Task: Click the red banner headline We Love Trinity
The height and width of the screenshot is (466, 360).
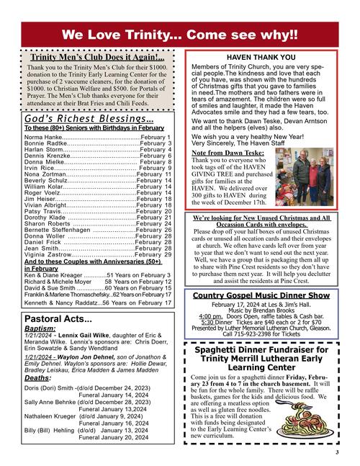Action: click(179, 35)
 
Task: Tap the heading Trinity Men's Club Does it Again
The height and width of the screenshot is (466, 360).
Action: click(97, 57)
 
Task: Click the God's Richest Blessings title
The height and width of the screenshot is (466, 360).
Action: click(89, 119)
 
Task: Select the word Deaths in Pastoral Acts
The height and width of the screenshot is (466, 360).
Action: click(37, 377)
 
